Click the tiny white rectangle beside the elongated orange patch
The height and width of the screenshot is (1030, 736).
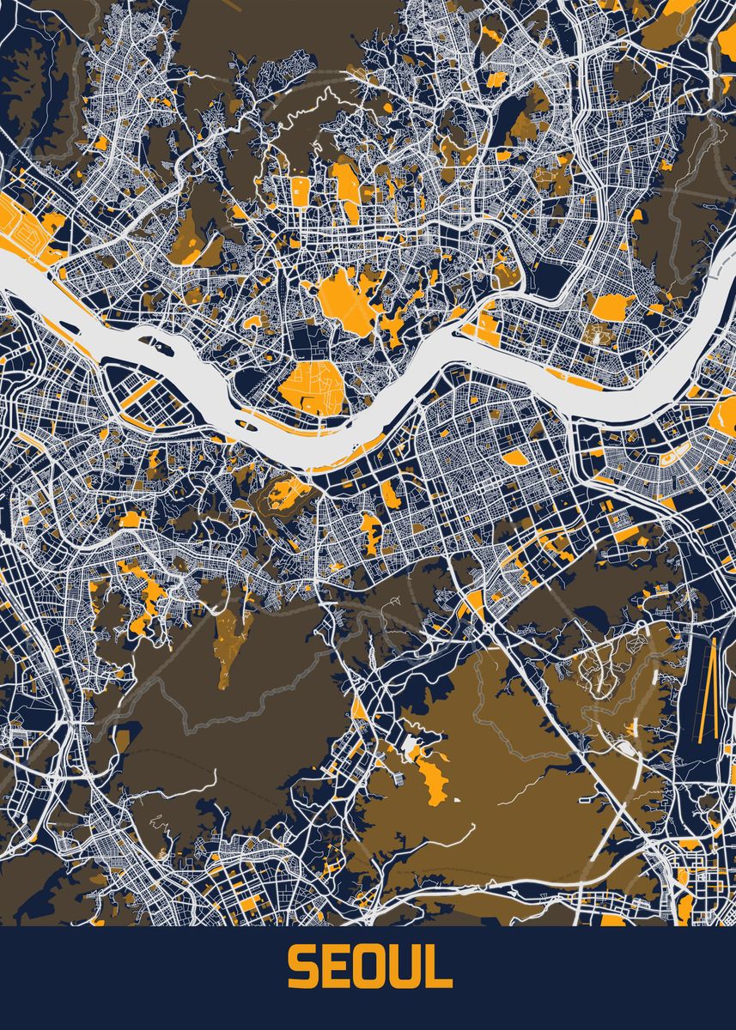[455, 800]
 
